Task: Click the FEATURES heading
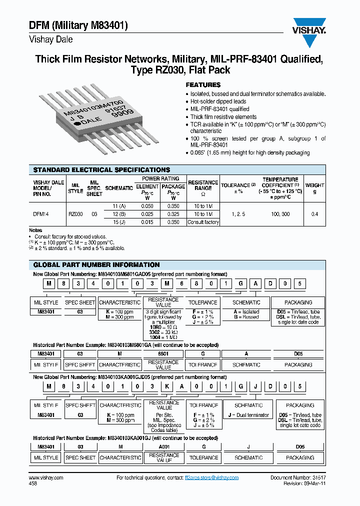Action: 203,85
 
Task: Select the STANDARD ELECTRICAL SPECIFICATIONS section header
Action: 101,170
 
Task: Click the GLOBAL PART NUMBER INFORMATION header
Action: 96,264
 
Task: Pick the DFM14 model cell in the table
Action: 41,213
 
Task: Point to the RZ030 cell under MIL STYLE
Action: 75,213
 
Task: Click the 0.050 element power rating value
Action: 147,206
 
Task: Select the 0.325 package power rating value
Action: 173,214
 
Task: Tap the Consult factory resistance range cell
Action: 203,222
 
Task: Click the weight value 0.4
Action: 314,214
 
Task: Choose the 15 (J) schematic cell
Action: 119,222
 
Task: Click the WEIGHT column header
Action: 314,188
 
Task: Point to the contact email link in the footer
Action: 211,478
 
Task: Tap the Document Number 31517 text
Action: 297,478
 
